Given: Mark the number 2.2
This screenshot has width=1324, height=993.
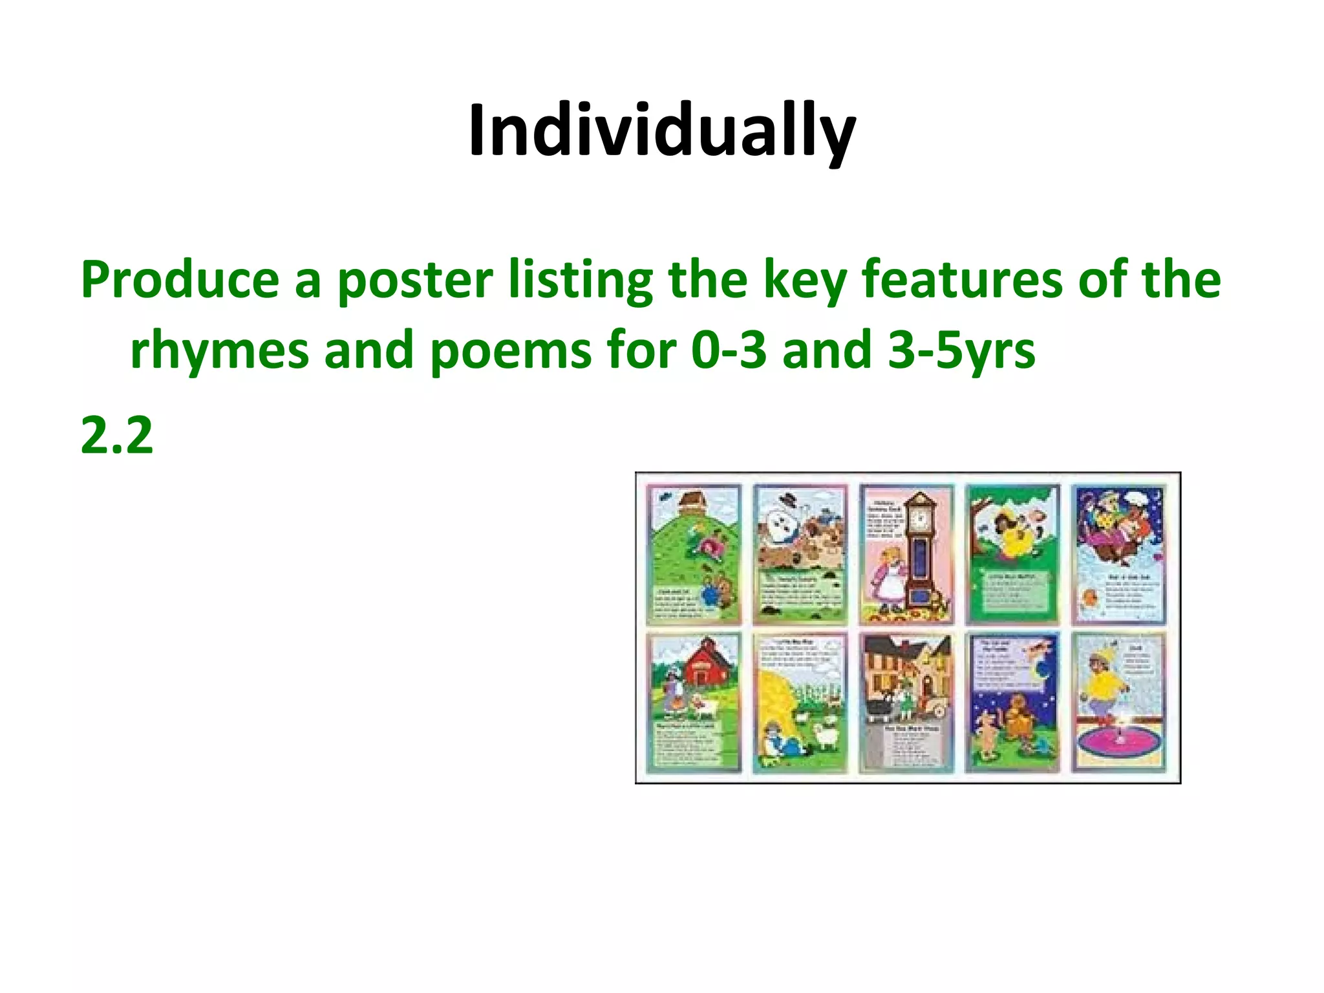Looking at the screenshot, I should pyautogui.click(x=117, y=435).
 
